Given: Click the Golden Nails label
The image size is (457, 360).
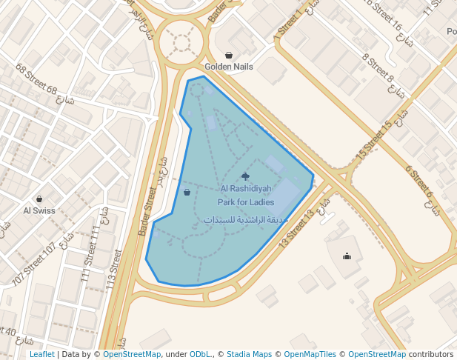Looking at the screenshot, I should [229, 67].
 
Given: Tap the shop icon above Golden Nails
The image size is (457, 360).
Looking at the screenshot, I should [229, 55].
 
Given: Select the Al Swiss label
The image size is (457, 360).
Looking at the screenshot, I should [39, 210].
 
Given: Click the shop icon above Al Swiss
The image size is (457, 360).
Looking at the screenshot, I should [39, 199].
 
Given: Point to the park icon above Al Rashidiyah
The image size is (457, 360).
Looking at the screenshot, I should [246, 176].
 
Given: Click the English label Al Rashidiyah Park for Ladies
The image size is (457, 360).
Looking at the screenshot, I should [246, 195].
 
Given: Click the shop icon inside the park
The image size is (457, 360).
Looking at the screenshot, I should [187, 192].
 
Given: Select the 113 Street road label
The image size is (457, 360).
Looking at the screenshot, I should [113, 270].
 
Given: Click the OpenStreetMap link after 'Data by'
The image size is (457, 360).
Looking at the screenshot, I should [132, 355].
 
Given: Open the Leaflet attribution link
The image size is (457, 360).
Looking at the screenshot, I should [42, 355].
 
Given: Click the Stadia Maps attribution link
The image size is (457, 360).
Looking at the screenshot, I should [249, 355].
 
